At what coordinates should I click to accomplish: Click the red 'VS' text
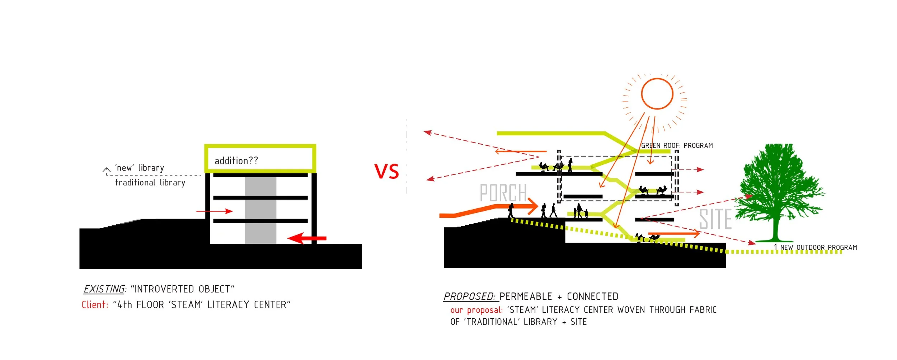pyautogui.click(x=386, y=172)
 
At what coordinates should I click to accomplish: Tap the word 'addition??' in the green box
pyautogui.click(x=236, y=161)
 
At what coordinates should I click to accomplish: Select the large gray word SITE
pyautogui.click(x=715, y=219)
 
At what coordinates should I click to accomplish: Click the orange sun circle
pyautogui.click(x=657, y=94)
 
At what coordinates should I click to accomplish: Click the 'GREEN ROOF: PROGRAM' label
pyautogui.click(x=677, y=145)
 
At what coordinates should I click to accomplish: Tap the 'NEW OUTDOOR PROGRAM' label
pyautogui.click(x=818, y=247)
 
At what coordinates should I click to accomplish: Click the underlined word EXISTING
pyautogui.click(x=104, y=289)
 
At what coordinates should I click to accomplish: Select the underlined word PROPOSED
pyautogui.click(x=469, y=296)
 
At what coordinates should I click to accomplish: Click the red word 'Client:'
pyautogui.click(x=95, y=305)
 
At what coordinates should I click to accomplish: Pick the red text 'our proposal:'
pyautogui.click(x=476, y=310)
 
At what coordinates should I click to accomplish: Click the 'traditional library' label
pyautogui.click(x=150, y=183)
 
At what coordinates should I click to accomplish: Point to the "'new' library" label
pyautogui.click(x=140, y=168)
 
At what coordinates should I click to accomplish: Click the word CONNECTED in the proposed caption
pyautogui.click(x=592, y=296)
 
